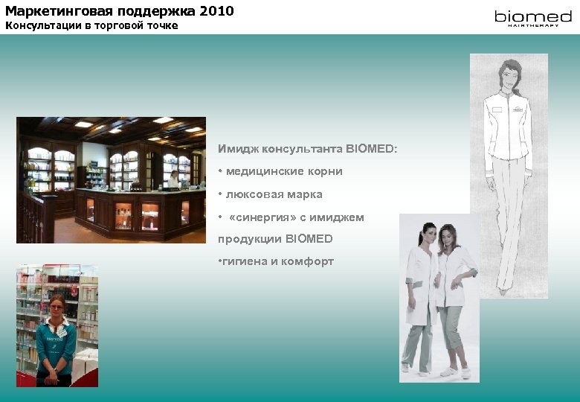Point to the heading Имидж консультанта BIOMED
point(307,149)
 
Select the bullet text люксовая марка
point(274,194)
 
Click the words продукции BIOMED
point(275,239)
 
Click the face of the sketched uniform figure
point(508,74)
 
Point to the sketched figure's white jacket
point(509,127)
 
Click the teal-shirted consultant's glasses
point(57,306)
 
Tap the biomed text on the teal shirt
point(57,339)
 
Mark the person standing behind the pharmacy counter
point(173,179)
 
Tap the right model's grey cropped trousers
point(452,331)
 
